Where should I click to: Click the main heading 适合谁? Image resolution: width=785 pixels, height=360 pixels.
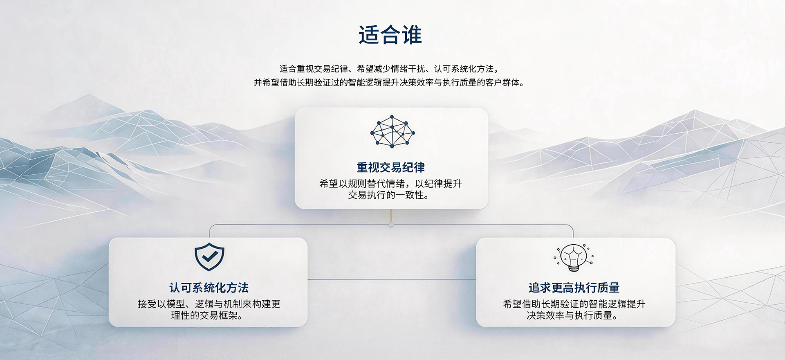pyautogui.click(x=390, y=35)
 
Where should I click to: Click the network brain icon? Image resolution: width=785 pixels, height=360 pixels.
pyautogui.click(x=392, y=131)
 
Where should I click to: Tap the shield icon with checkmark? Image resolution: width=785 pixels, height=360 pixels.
pyautogui.click(x=209, y=257)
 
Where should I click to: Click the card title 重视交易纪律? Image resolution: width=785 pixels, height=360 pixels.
pyautogui.click(x=390, y=167)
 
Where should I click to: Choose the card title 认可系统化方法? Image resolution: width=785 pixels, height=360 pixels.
pyautogui.click(x=209, y=288)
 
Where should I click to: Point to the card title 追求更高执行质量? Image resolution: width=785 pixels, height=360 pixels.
pyautogui.click(x=574, y=288)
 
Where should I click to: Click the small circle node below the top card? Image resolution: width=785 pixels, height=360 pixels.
pyautogui.click(x=391, y=225)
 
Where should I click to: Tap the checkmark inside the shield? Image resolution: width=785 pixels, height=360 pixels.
pyautogui.click(x=209, y=256)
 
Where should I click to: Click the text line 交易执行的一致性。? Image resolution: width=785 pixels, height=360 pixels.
pyautogui.click(x=389, y=195)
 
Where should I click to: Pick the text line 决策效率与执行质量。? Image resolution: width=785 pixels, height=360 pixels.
pyautogui.click(x=572, y=315)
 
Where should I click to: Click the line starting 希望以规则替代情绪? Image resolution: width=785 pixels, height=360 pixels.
pyautogui.click(x=390, y=184)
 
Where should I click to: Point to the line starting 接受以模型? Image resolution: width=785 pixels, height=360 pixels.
pyautogui.click(x=209, y=304)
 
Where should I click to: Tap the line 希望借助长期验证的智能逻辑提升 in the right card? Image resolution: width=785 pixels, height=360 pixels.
pyautogui.click(x=574, y=304)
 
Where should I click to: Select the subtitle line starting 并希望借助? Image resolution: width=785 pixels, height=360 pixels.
pyautogui.click(x=389, y=82)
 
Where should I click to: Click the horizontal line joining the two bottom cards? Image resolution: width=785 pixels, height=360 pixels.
pyautogui.click(x=391, y=279)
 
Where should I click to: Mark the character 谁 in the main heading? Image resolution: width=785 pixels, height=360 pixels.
pyautogui.click(x=412, y=35)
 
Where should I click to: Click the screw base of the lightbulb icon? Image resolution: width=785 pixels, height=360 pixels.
pyautogui.click(x=574, y=268)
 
